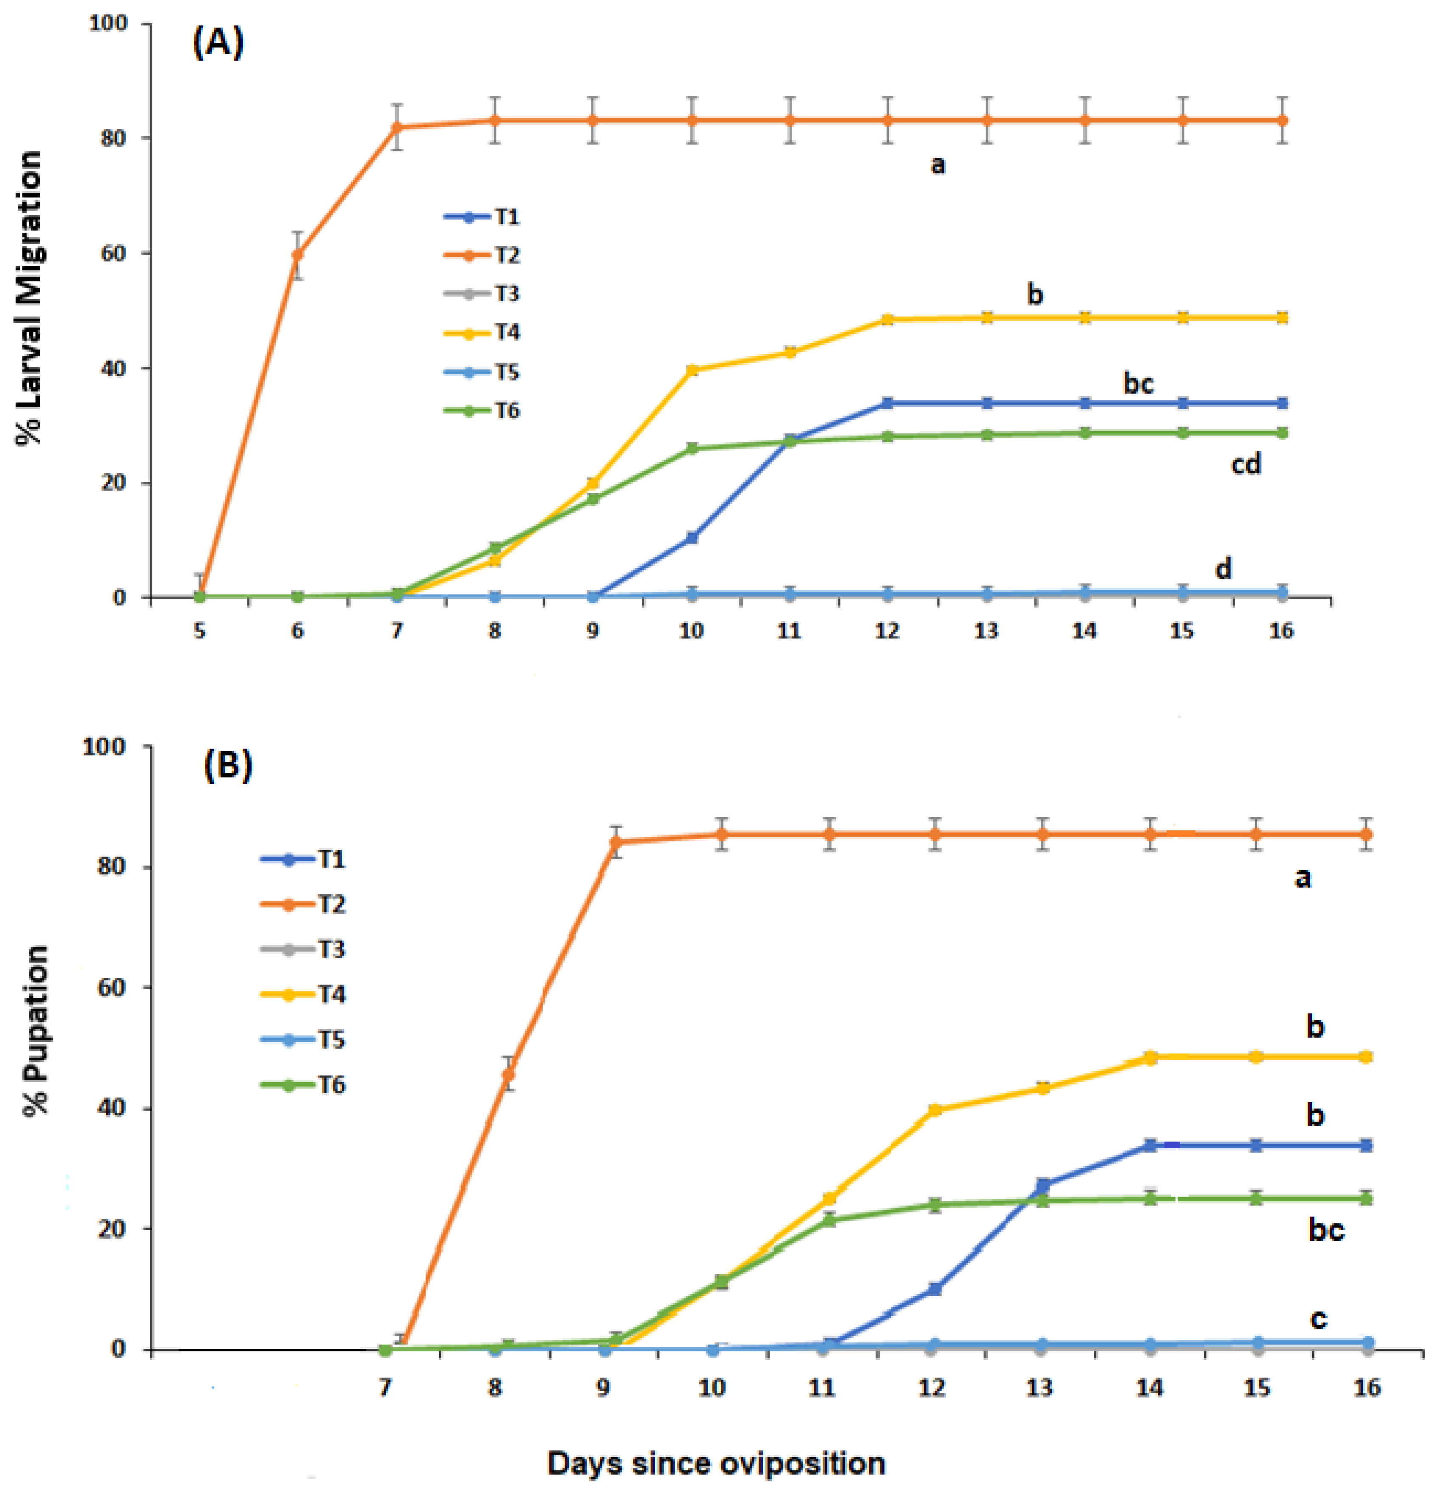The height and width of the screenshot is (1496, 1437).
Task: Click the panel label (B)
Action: click(x=227, y=765)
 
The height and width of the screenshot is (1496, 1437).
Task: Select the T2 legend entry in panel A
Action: click(x=482, y=255)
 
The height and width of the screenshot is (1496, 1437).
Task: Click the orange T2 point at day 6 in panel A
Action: click(x=298, y=254)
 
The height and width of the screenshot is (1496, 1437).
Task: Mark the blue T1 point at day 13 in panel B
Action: click(x=1043, y=1185)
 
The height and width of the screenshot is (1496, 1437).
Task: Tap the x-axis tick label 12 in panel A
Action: click(x=887, y=631)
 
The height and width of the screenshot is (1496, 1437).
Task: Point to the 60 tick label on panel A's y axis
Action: click(x=112, y=254)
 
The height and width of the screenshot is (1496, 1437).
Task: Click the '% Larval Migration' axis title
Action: click(x=29, y=298)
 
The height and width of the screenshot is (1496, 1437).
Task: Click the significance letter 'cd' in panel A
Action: click(x=1246, y=463)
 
